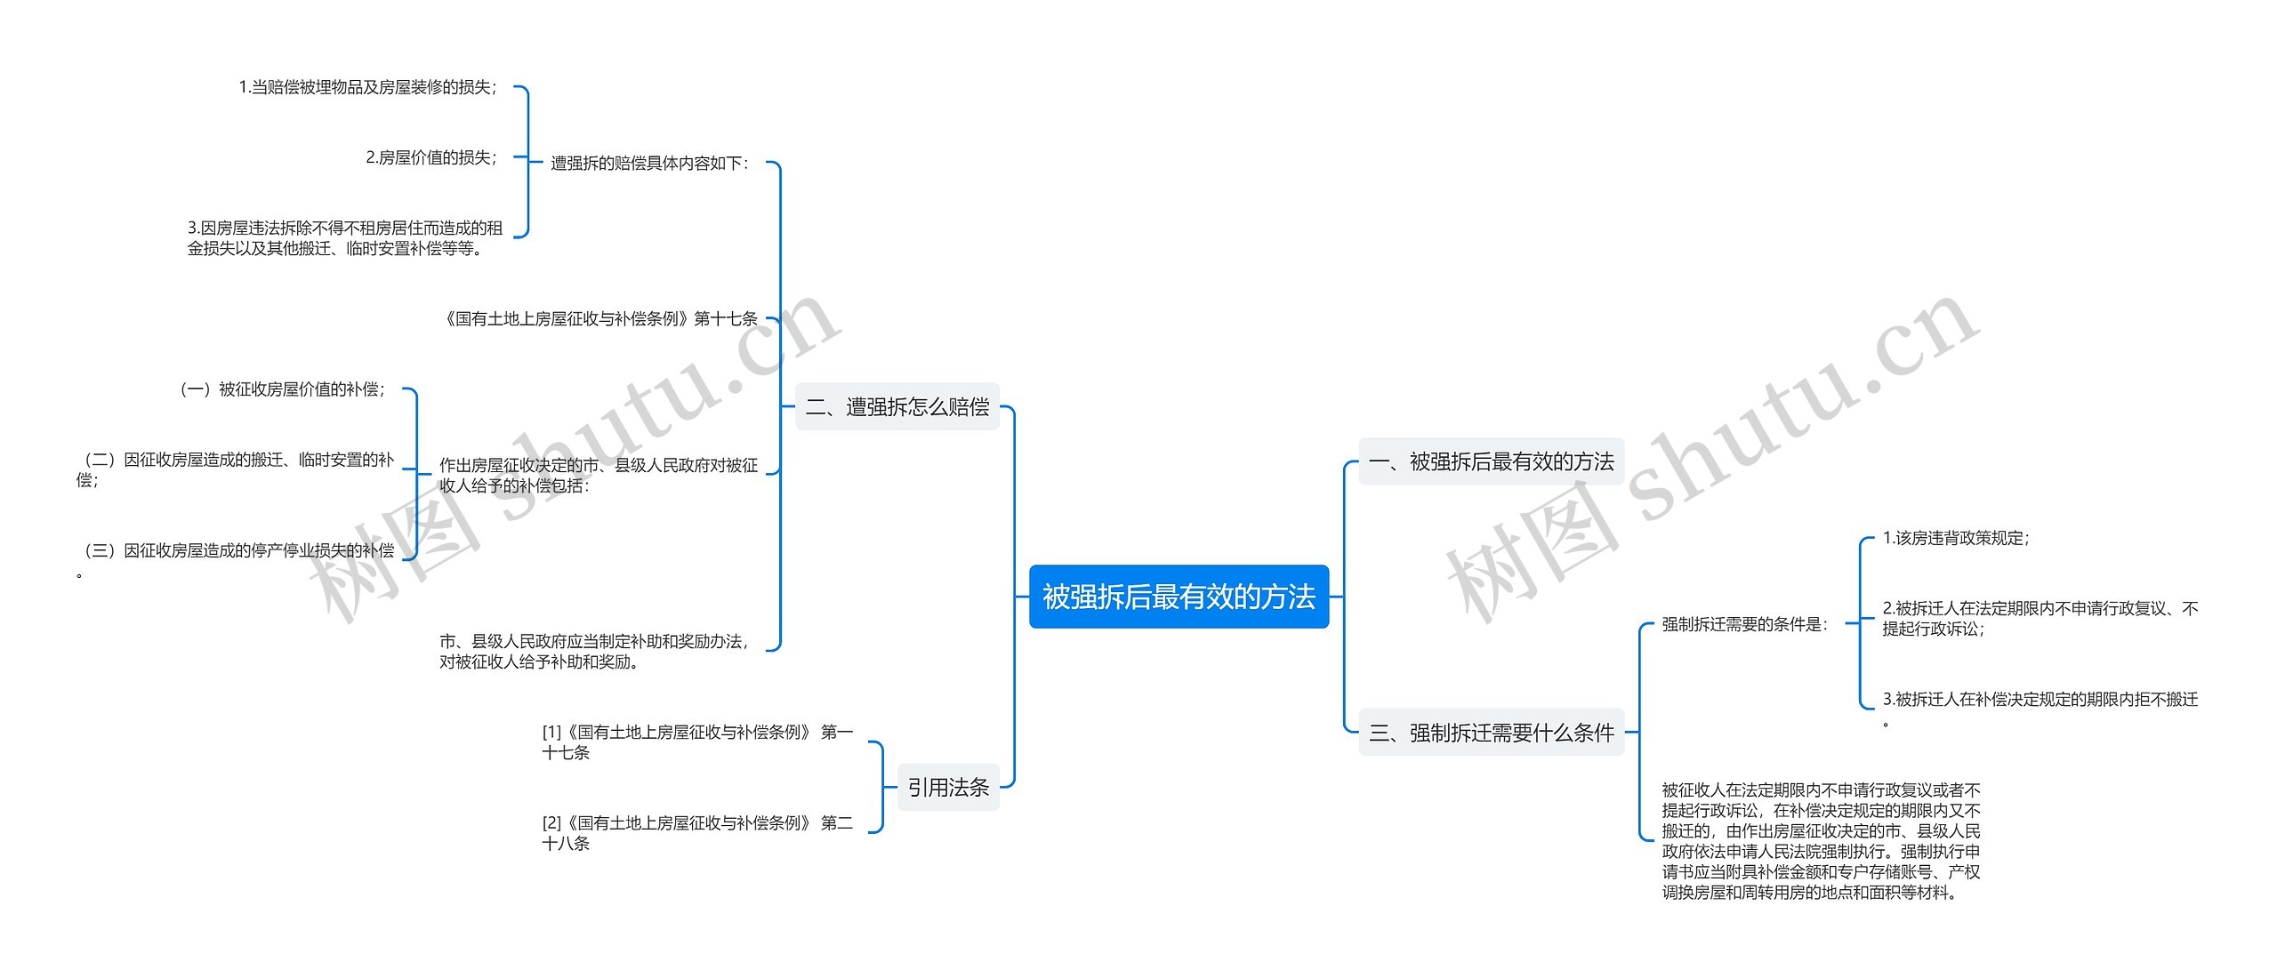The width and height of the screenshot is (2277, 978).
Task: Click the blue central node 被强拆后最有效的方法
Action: tap(1179, 597)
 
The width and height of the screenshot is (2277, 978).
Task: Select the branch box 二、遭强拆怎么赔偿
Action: tap(897, 407)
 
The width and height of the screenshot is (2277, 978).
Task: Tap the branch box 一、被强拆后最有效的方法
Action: tap(1491, 461)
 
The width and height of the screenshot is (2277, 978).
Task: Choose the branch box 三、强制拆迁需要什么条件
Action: tap(1491, 733)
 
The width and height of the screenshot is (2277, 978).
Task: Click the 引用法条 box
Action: tap(948, 787)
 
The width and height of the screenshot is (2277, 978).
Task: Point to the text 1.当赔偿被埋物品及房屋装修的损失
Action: tap(368, 87)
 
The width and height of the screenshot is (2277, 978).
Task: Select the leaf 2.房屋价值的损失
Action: tap(431, 157)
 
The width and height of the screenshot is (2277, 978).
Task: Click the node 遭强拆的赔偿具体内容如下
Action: tap(650, 164)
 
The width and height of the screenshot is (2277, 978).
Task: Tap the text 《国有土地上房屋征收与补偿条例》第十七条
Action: tap(600, 318)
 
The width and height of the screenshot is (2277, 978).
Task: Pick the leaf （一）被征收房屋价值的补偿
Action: tap(282, 389)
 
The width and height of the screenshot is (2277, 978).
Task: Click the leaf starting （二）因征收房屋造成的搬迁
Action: tap(236, 469)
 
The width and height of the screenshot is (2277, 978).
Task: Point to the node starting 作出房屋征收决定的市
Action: tap(599, 475)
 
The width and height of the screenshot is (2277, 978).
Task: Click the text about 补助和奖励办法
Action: tap(595, 651)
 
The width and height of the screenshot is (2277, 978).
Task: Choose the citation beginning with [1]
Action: tap(697, 742)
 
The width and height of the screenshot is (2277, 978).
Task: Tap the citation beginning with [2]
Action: tap(697, 832)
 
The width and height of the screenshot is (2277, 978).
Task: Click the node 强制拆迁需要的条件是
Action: tap(1745, 624)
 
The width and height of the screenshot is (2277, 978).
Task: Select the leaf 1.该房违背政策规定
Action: tap(1956, 538)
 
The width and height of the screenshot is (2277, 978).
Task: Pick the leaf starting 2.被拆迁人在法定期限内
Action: tap(2040, 618)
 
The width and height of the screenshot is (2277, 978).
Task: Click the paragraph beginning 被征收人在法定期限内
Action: tap(1821, 840)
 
